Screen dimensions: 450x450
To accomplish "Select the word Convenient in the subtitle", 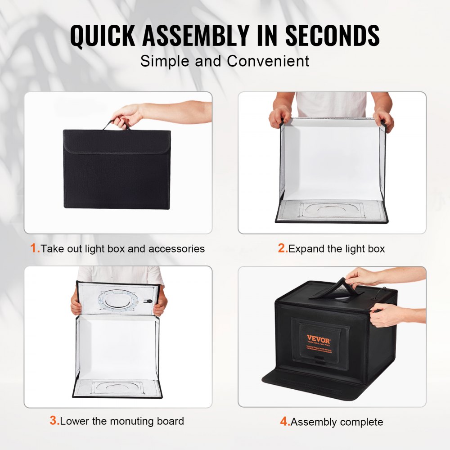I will point(268,61).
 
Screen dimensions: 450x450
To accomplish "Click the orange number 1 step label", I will point(34,248).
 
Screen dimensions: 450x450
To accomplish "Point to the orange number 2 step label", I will point(282,248).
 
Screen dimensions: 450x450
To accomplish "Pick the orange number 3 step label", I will point(54,421).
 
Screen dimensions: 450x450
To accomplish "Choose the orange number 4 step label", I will point(284,422).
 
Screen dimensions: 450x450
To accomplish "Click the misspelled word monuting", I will point(123,421).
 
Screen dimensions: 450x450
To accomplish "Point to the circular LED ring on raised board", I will point(118,299).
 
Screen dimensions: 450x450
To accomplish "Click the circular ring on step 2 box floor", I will point(332,209).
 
